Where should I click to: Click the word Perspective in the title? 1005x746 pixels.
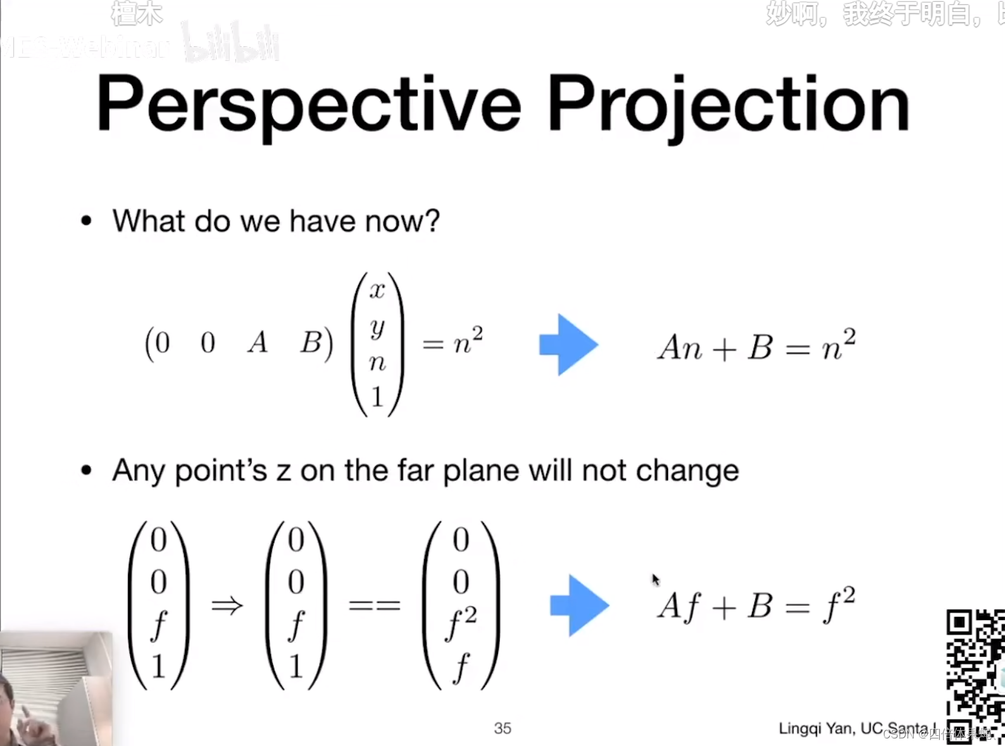point(308,104)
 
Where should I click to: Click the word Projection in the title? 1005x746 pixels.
point(728,104)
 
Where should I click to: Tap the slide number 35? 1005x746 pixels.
point(502,728)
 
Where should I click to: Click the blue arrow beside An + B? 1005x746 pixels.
point(568,345)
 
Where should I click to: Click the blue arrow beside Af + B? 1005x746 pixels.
point(578,606)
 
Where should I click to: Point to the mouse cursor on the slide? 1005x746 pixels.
point(656,580)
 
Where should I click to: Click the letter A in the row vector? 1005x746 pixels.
point(258,343)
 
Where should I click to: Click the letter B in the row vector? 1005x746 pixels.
point(311,343)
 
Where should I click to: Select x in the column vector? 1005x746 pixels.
point(377,290)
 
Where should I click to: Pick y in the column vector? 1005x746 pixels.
point(377,326)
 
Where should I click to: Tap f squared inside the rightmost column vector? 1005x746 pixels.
point(461,623)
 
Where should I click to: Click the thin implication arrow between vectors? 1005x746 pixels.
point(227,606)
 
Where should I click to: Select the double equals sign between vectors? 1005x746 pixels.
point(375,606)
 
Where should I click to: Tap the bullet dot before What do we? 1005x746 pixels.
point(87,221)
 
